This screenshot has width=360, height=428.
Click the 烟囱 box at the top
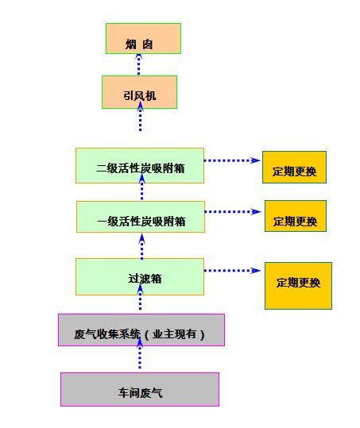(x=143, y=38)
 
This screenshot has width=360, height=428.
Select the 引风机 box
(x=140, y=92)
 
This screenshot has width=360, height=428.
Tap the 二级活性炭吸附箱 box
(x=140, y=166)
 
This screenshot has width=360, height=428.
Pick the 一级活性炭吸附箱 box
(x=141, y=217)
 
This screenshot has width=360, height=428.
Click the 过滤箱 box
(x=140, y=277)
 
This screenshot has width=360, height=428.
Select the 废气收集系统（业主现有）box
(x=141, y=330)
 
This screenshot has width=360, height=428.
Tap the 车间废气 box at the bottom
(x=140, y=390)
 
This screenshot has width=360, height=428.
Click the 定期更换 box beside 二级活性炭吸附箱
(x=295, y=167)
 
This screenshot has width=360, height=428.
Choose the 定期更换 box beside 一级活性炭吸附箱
(x=296, y=216)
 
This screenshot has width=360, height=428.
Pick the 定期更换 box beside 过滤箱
(x=298, y=286)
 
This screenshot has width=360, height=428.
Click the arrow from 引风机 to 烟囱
(x=139, y=64)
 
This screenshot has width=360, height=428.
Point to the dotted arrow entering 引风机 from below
(x=140, y=117)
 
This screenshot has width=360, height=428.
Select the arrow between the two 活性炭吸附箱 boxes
(x=141, y=187)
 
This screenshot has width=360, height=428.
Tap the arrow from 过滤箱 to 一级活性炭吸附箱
(x=141, y=247)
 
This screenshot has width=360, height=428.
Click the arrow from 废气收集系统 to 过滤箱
(x=140, y=297)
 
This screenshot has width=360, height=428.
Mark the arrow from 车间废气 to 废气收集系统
(x=140, y=354)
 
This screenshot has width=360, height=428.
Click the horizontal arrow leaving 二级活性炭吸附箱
(x=232, y=160)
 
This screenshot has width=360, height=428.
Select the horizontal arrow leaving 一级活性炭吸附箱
(x=233, y=212)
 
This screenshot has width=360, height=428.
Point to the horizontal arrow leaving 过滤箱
(x=232, y=271)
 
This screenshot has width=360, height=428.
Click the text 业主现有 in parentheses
(x=174, y=334)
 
